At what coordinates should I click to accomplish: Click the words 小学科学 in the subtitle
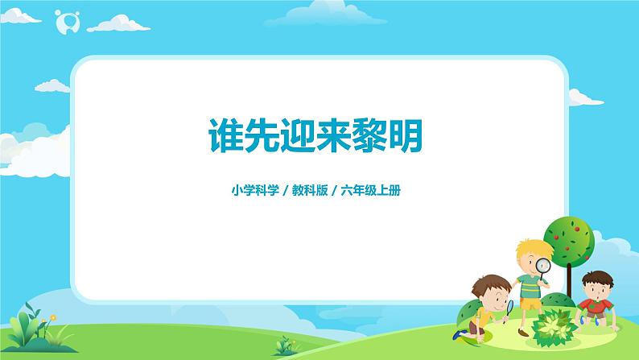coord(251,192)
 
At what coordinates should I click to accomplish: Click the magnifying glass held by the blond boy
coord(543,265)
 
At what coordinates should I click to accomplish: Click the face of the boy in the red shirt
coord(596,286)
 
